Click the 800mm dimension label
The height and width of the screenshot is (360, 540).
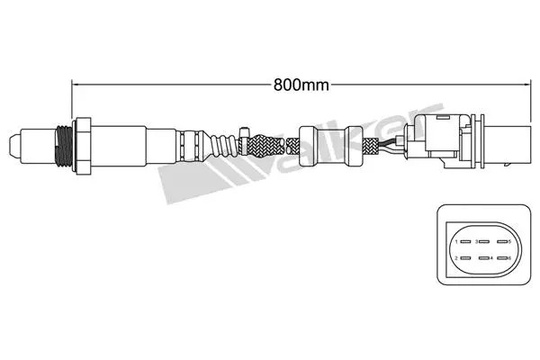coord(300,86)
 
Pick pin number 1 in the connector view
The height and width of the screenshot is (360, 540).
coord(460,241)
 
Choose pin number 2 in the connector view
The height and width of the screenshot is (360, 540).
coord(460,258)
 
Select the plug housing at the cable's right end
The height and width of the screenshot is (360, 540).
coord(450,142)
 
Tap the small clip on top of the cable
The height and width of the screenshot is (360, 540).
coord(245,135)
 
